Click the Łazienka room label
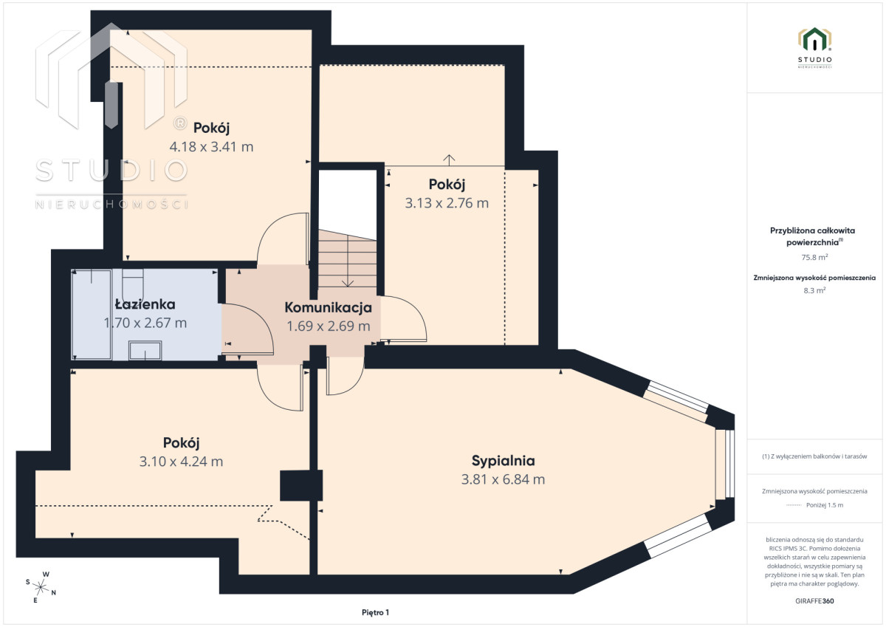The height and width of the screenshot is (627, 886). click(x=145, y=304)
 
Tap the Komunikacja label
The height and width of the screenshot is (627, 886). click(x=329, y=307)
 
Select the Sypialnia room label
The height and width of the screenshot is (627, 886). click(x=503, y=461)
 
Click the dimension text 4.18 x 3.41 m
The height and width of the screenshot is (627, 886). click(x=211, y=147)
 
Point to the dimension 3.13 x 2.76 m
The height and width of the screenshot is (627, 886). click(x=447, y=203)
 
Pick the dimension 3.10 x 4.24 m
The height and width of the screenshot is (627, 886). click(x=181, y=462)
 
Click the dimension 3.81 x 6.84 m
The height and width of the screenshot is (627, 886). click(x=503, y=479)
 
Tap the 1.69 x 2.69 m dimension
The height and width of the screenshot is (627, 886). click(x=329, y=326)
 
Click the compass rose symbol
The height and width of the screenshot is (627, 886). click(x=41, y=587)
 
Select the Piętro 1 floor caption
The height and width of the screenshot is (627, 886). click(x=375, y=612)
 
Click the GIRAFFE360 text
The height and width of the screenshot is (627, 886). click(x=814, y=601)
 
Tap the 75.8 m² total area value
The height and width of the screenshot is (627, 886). click(x=814, y=257)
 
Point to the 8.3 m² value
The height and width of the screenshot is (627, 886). click(x=814, y=290)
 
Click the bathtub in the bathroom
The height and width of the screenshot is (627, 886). click(x=92, y=315)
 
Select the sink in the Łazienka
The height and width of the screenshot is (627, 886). click(x=145, y=351)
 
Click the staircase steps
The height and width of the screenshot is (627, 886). click(x=347, y=258)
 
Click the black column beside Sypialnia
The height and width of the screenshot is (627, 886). click(x=301, y=485)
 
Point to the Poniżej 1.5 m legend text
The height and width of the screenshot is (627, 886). click(x=825, y=504)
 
